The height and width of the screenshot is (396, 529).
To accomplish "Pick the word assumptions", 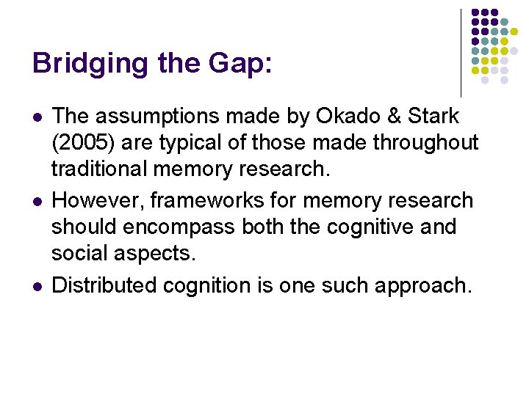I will [153, 116].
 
